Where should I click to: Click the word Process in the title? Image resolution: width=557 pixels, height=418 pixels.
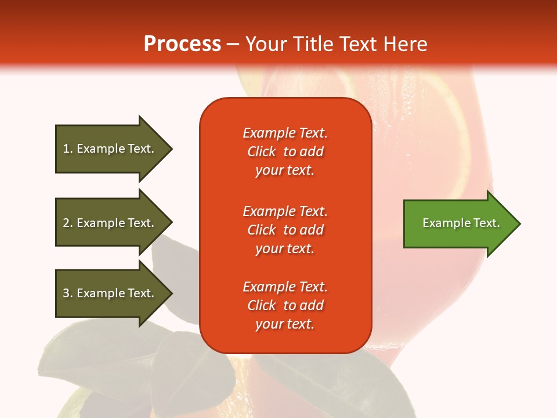point(182,44)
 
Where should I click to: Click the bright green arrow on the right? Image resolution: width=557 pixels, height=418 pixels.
point(458,224)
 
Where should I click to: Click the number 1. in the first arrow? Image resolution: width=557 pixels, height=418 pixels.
point(68,149)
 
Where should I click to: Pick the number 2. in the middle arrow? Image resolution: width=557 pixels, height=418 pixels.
point(68,223)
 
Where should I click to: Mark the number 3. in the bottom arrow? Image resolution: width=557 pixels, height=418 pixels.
point(68,293)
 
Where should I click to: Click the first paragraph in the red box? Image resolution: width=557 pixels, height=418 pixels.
point(285,152)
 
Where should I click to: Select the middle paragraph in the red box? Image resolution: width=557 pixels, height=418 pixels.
point(285,230)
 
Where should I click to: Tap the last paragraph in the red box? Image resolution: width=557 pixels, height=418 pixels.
point(285,305)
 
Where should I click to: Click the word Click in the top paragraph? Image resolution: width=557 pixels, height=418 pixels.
point(261,152)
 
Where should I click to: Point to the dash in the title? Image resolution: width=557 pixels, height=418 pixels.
point(233,45)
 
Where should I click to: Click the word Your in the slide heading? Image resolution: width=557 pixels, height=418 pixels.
point(266,44)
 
